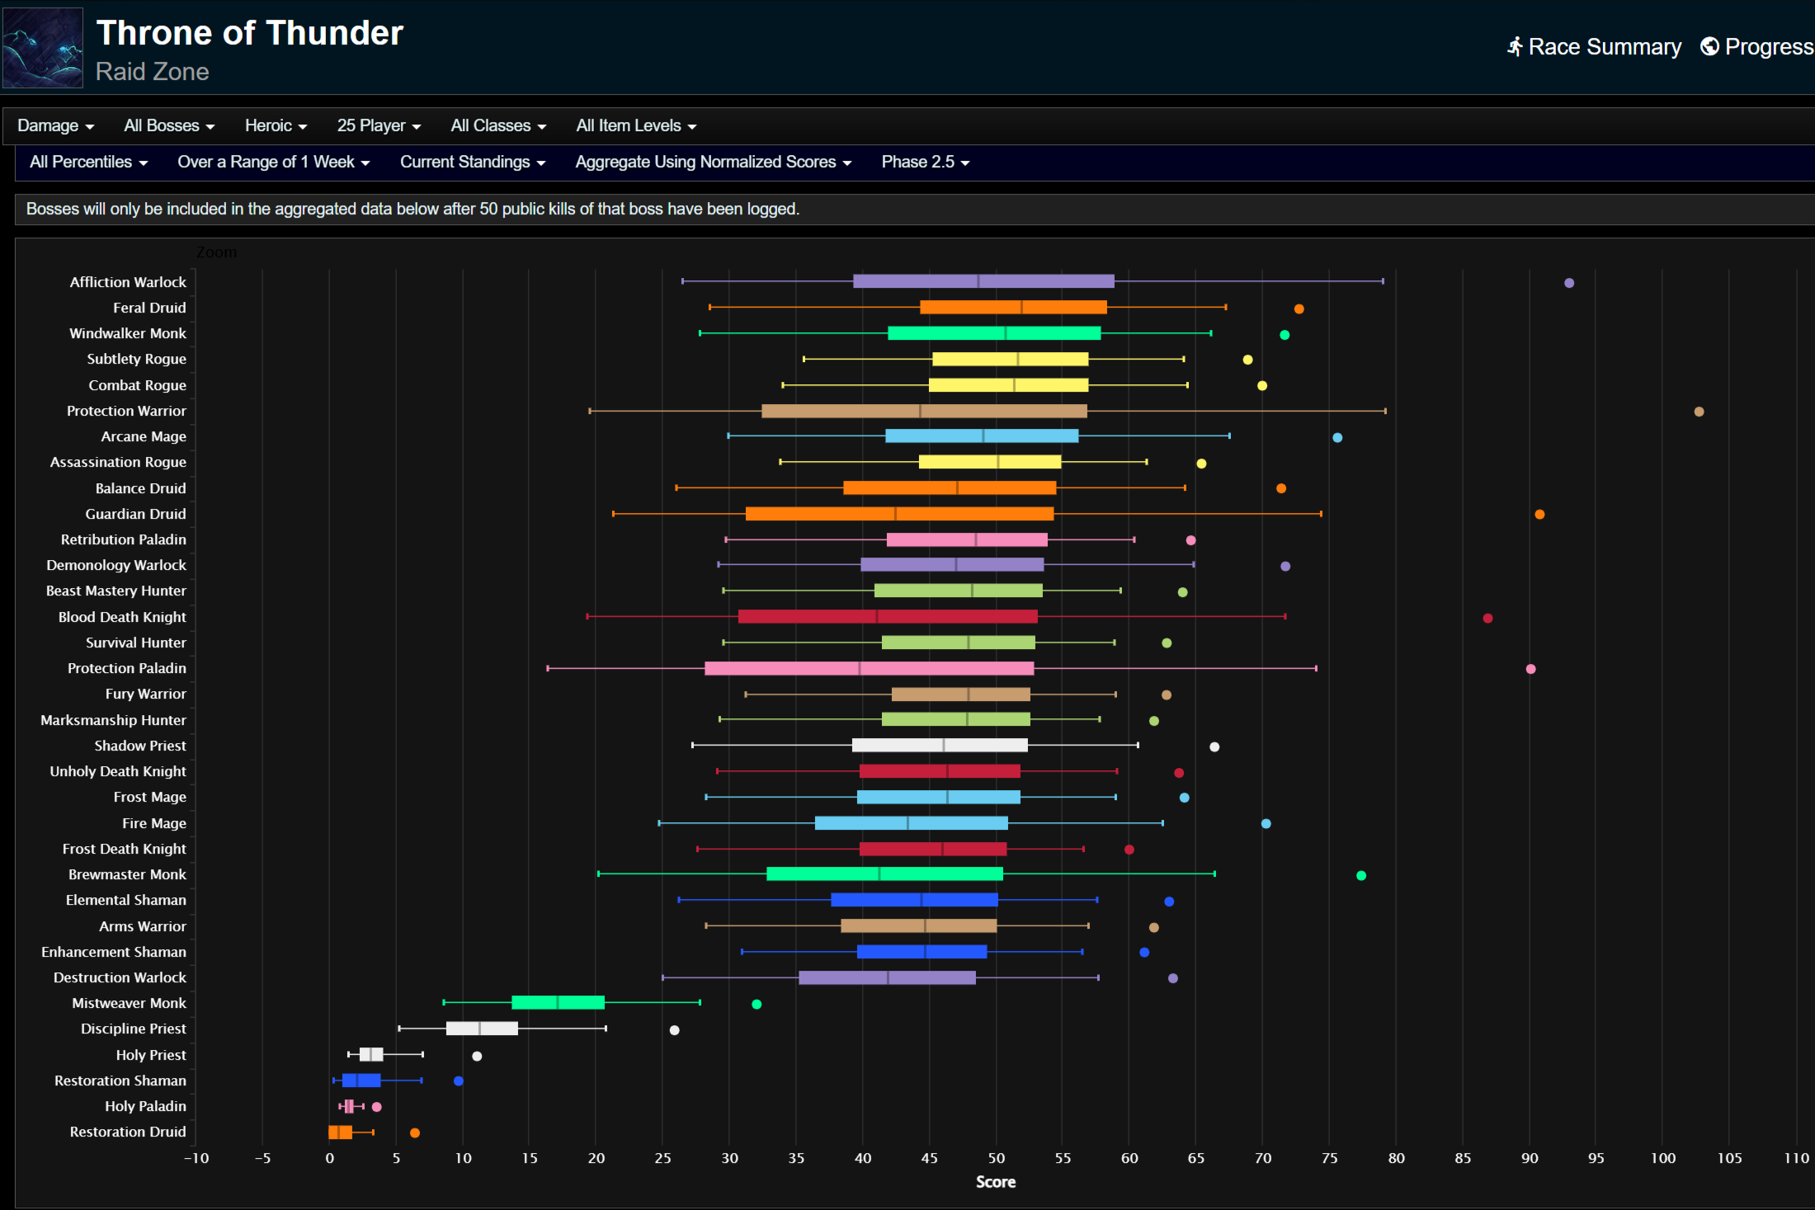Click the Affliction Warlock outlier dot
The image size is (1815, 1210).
coord(1569,283)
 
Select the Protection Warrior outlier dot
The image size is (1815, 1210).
coord(1699,412)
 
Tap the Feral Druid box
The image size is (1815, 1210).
coord(1013,308)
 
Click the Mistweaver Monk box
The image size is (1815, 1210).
coord(558,1003)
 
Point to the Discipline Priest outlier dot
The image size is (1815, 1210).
coord(674,1030)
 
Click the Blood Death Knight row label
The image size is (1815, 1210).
coord(122,617)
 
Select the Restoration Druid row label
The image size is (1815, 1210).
coord(128,1132)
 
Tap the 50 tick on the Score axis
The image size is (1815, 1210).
coord(996,1158)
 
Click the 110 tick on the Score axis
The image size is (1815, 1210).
coord(1796,1158)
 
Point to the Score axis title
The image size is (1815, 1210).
coord(996,1182)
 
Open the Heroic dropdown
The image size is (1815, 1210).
coord(276,125)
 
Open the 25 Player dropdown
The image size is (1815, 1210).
coord(379,125)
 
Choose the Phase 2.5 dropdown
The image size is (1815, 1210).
coord(925,162)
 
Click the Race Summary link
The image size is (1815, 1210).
coord(1594,47)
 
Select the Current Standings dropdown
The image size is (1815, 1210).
coord(473,162)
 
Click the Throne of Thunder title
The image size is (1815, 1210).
coord(249,33)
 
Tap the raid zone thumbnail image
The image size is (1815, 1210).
coord(43,48)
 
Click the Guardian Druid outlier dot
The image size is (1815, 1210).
coord(1539,515)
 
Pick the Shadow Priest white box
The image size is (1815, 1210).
coord(940,746)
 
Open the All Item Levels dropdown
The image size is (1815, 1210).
coord(636,125)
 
